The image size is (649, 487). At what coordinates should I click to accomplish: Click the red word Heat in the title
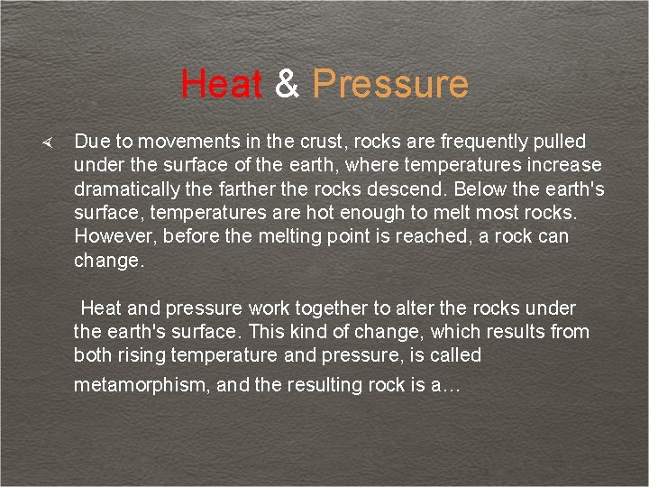point(221,84)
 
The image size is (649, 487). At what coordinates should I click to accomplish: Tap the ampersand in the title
point(287,84)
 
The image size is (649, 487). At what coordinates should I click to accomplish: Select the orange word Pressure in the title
point(390,84)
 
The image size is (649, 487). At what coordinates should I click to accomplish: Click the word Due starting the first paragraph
point(90,142)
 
